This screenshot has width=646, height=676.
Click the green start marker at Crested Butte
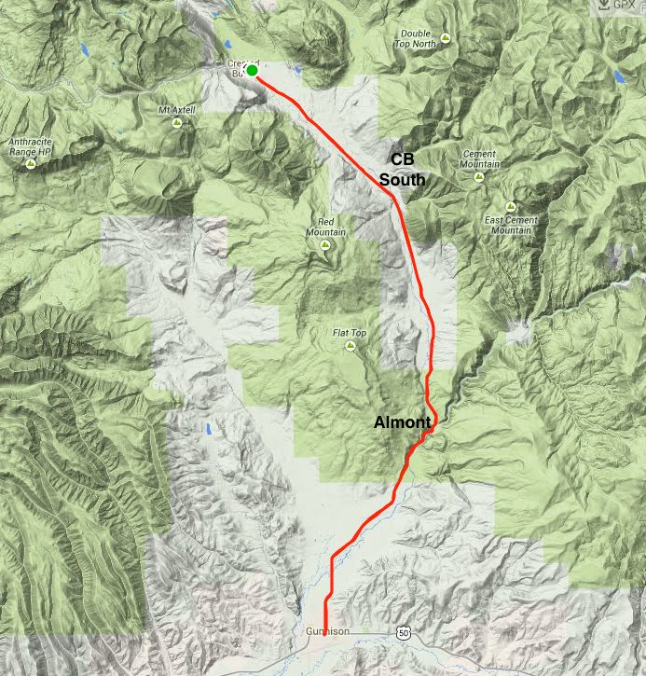252,70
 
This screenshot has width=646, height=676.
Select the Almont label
402,422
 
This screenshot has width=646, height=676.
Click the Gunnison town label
326,632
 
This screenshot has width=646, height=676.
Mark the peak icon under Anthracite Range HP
31,163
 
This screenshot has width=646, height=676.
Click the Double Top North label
417,38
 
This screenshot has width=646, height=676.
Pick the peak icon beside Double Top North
446,38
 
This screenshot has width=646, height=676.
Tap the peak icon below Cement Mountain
479,175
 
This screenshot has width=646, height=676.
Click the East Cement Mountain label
511,225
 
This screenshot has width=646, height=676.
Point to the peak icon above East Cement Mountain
511,207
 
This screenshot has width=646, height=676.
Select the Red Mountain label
325,227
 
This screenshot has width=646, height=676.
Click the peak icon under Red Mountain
325,244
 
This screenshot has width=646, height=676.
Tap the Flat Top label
350,332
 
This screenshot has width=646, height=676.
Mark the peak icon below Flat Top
350,346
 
